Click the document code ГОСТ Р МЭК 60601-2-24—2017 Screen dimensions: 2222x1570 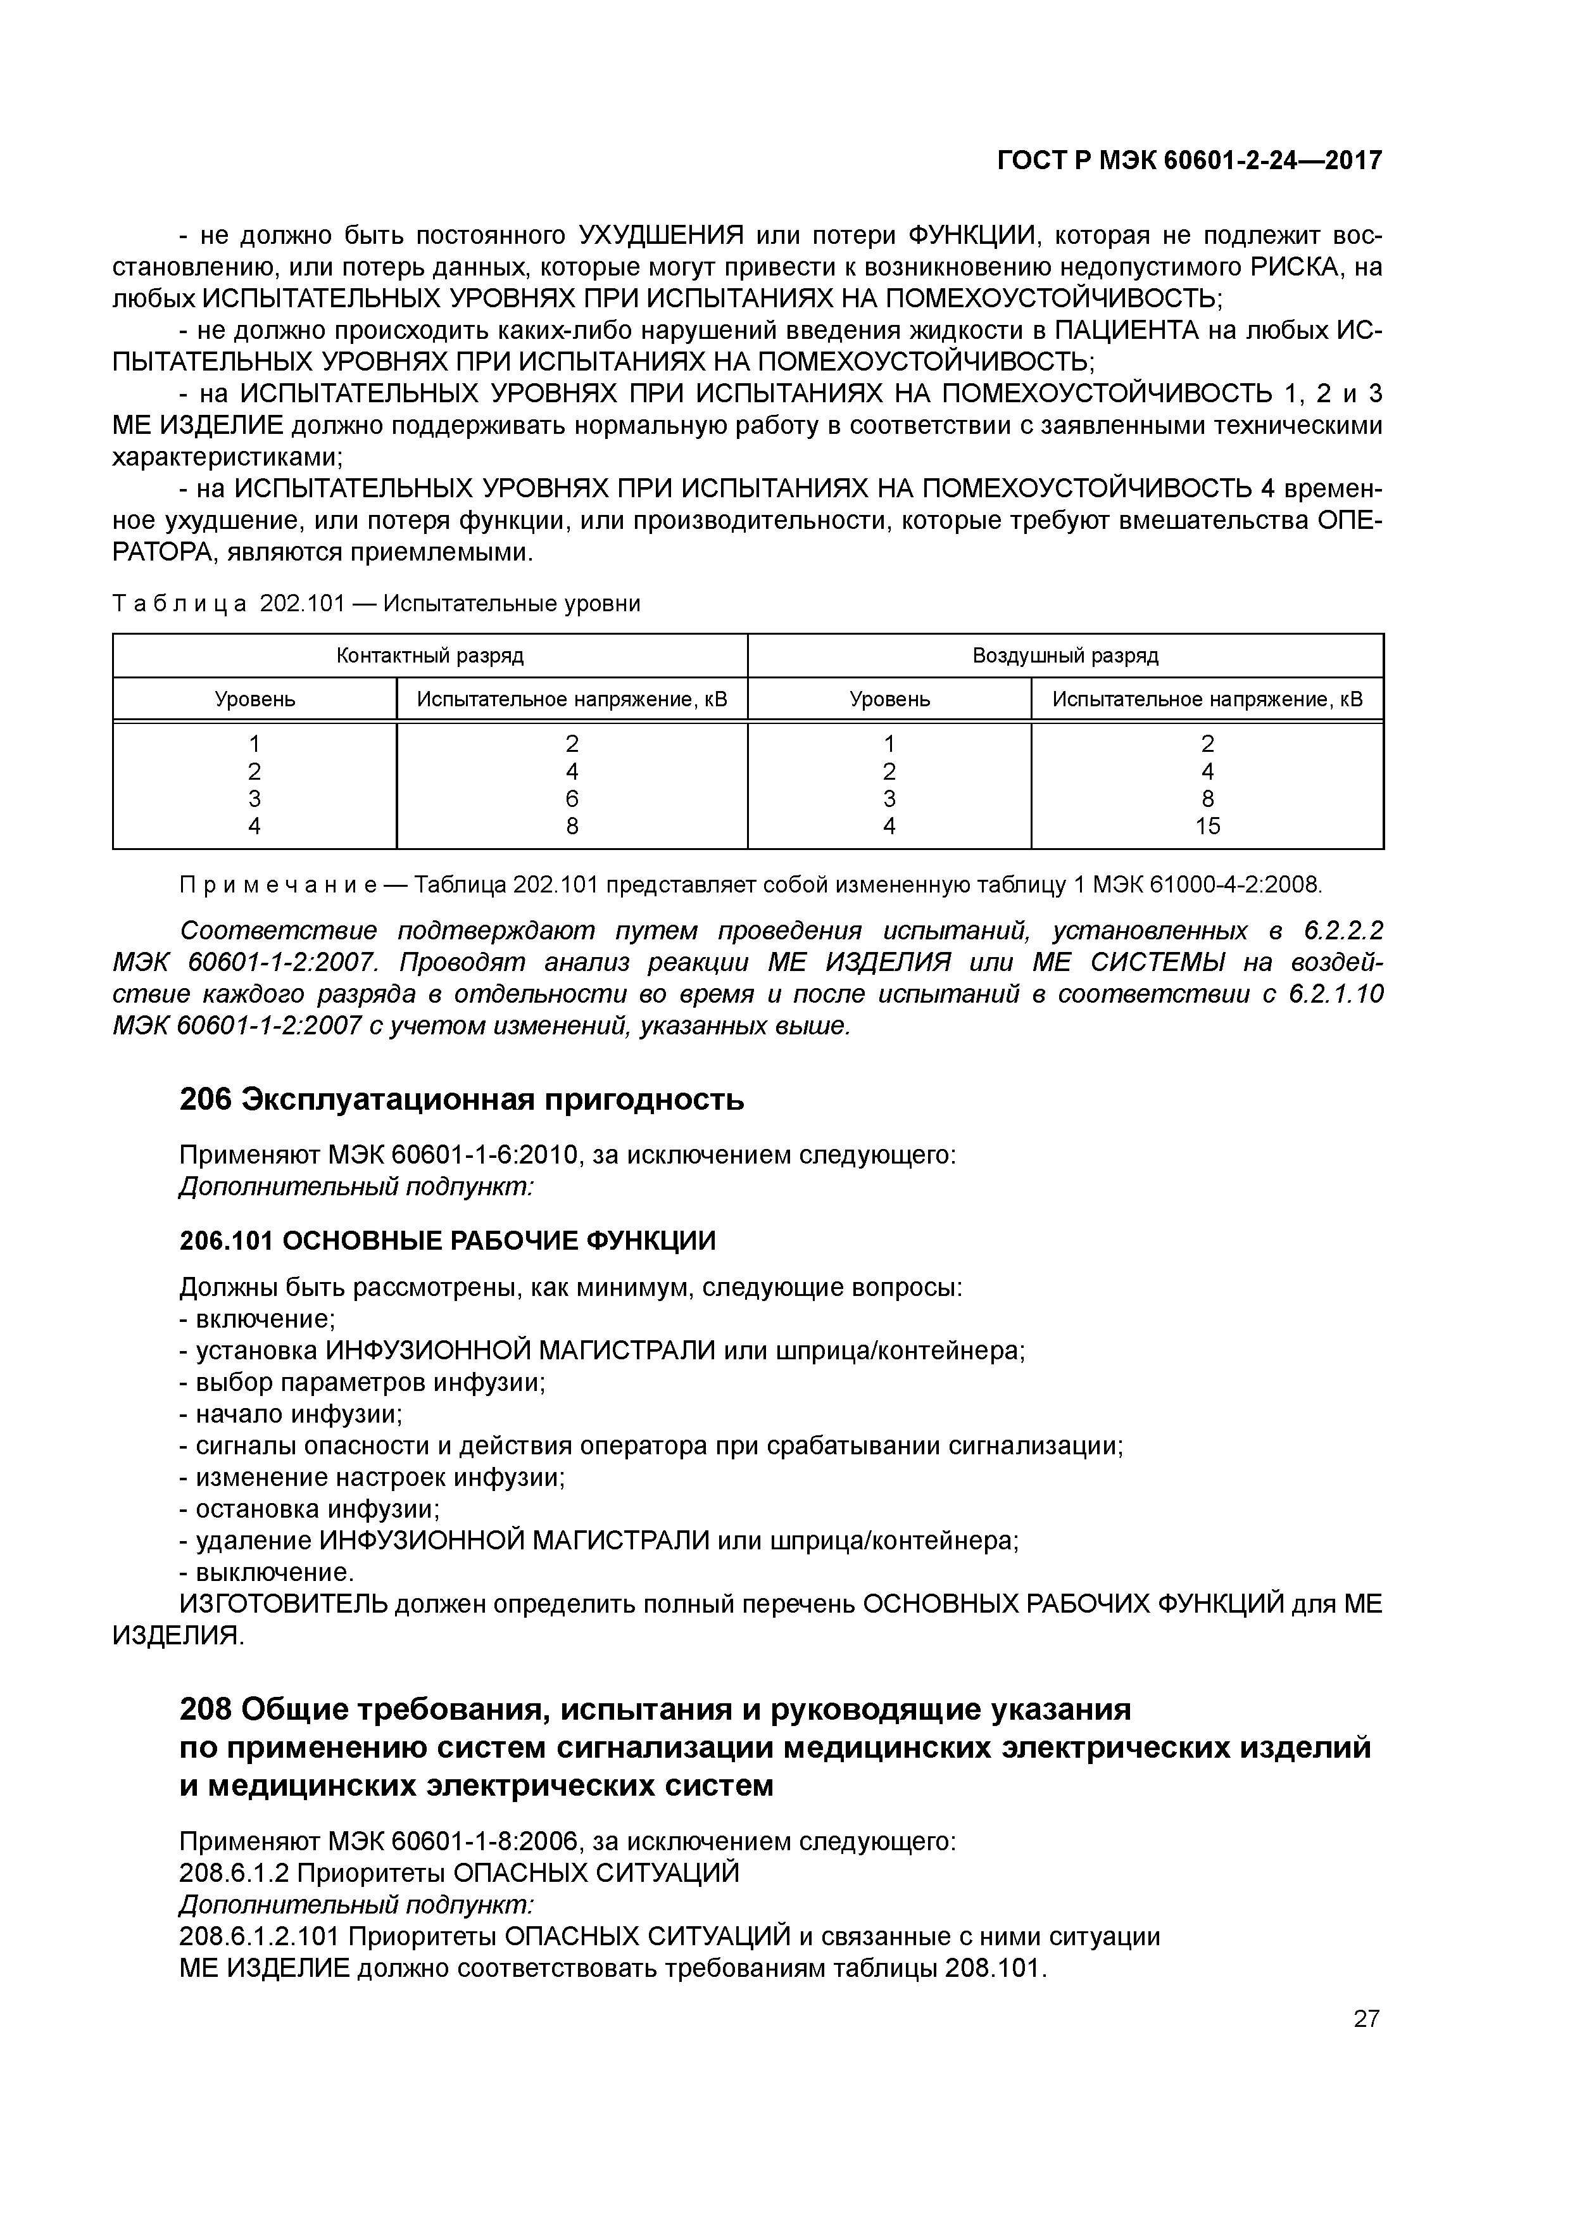pyautogui.click(x=1189, y=161)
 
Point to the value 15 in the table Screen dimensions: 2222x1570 pyautogui.click(x=1207, y=825)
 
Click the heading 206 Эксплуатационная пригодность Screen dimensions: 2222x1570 pyautogui.click(x=462, y=1100)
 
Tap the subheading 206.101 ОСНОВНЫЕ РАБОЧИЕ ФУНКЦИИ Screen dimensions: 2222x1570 pyautogui.click(x=448, y=1241)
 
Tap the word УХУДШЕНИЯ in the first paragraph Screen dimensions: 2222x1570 pyautogui.click(x=662, y=235)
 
